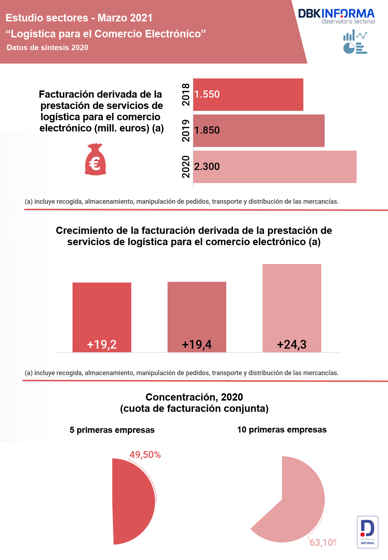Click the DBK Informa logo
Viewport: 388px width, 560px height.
[x=336, y=16]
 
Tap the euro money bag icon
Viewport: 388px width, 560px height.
[x=95, y=159]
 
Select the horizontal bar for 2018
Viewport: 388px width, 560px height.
[x=248, y=94]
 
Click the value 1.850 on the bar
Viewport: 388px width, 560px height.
[x=207, y=130]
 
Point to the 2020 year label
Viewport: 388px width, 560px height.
[x=186, y=167]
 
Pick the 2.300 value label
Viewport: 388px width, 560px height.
[x=207, y=167]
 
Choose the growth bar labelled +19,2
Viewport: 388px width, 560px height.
[x=102, y=317]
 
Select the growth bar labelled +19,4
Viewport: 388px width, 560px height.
[x=197, y=317]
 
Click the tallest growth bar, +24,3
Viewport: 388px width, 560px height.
[x=292, y=308]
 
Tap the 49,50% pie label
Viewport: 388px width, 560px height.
[x=145, y=455]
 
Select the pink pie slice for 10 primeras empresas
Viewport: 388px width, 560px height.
[x=297, y=501]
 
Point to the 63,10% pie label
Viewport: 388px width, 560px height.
[x=323, y=543]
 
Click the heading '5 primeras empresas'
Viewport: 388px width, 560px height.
[x=112, y=430]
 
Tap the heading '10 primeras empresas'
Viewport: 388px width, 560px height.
[x=282, y=430]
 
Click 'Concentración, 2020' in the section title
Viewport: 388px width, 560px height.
[x=194, y=397]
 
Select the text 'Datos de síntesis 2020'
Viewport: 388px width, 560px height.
[x=48, y=48]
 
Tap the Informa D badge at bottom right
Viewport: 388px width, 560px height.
[x=367, y=532]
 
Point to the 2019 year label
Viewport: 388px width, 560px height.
[x=186, y=131]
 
